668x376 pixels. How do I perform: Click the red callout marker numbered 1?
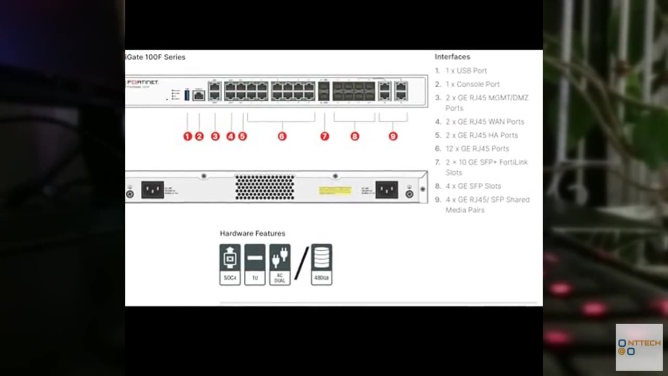pos(188,136)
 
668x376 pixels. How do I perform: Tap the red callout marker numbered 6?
pos(282,136)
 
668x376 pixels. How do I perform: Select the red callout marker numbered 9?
pos(393,136)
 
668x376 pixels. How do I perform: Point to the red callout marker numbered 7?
pos(325,136)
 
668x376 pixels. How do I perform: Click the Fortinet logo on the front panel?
pos(142,83)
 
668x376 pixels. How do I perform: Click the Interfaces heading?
pos(452,57)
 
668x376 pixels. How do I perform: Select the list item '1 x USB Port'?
pos(466,70)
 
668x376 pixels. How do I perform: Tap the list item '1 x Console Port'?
pos(472,84)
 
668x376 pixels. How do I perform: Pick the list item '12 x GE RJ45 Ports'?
pos(477,149)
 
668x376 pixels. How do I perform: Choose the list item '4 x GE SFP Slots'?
pos(473,186)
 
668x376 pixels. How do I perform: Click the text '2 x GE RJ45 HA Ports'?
pos(481,135)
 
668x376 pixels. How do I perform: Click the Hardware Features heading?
pos(253,233)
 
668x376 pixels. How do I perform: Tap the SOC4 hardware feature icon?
pos(230,264)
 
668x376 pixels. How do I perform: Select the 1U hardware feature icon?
pos(255,264)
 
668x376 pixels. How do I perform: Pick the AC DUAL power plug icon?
pos(280,264)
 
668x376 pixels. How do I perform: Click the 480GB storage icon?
pos(321,264)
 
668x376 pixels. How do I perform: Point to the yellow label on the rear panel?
pos(335,190)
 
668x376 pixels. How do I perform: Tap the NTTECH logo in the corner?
pos(639,347)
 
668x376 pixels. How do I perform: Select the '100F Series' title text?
pos(156,57)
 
